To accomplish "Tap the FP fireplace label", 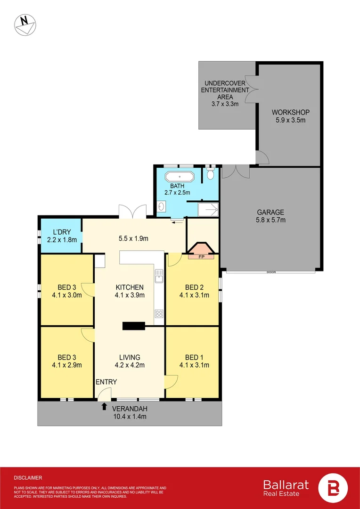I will coord(201,257).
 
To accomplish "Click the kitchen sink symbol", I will coord(159,276).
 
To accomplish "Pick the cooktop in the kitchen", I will coord(159,313).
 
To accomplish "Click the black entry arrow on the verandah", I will coord(104,406).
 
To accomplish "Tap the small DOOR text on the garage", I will coord(270,272).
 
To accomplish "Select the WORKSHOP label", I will coord(290,112).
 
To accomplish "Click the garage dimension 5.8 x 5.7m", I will coord(270,220).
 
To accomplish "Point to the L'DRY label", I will coord(61,232).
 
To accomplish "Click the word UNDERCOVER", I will coord(225,83).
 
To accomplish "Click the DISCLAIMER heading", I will coord(28,477).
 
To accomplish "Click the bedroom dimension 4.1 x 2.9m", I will coord(67,365).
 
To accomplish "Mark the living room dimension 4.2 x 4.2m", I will coord(130,365).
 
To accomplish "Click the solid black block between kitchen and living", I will coord(134,326).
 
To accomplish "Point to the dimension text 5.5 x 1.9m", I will coord(133,238).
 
